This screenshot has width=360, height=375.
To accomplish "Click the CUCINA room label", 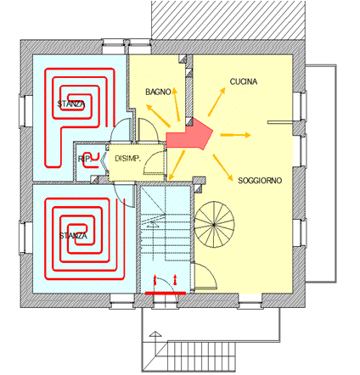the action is click(x=244, y=81).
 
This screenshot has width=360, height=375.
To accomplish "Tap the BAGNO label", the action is click(x=158, y=92).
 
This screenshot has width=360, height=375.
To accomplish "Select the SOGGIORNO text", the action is click(x=260, y=181).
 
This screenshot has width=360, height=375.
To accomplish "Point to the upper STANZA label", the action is click(x=71, y=104).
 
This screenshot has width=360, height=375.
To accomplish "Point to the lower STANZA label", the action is click(x=73, y=236).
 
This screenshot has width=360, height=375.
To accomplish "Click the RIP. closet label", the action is click(x=85, y=159).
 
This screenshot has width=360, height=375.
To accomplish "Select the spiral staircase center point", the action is click(x=214, y=225).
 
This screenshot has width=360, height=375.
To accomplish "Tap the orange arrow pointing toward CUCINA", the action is click(x=217, y=102).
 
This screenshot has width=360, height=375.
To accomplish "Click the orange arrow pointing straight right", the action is click(x=235, y=135).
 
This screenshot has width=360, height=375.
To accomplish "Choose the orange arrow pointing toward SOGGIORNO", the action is click(x=222, y=168).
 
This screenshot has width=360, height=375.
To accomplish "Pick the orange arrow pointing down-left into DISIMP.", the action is click(x=176, y=165).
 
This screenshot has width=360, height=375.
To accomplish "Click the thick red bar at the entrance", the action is click(x=166, y=294).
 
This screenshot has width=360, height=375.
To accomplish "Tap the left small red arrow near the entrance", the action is click(x=155, y=279).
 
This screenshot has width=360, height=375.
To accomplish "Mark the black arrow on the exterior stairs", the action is click(x=155, y=344).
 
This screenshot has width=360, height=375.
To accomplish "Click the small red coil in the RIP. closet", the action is click(x=92, y=160).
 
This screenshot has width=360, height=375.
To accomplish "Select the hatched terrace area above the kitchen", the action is click(x=228, y=20).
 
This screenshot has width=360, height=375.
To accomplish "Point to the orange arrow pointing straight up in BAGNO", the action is click(x=177, y=104).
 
